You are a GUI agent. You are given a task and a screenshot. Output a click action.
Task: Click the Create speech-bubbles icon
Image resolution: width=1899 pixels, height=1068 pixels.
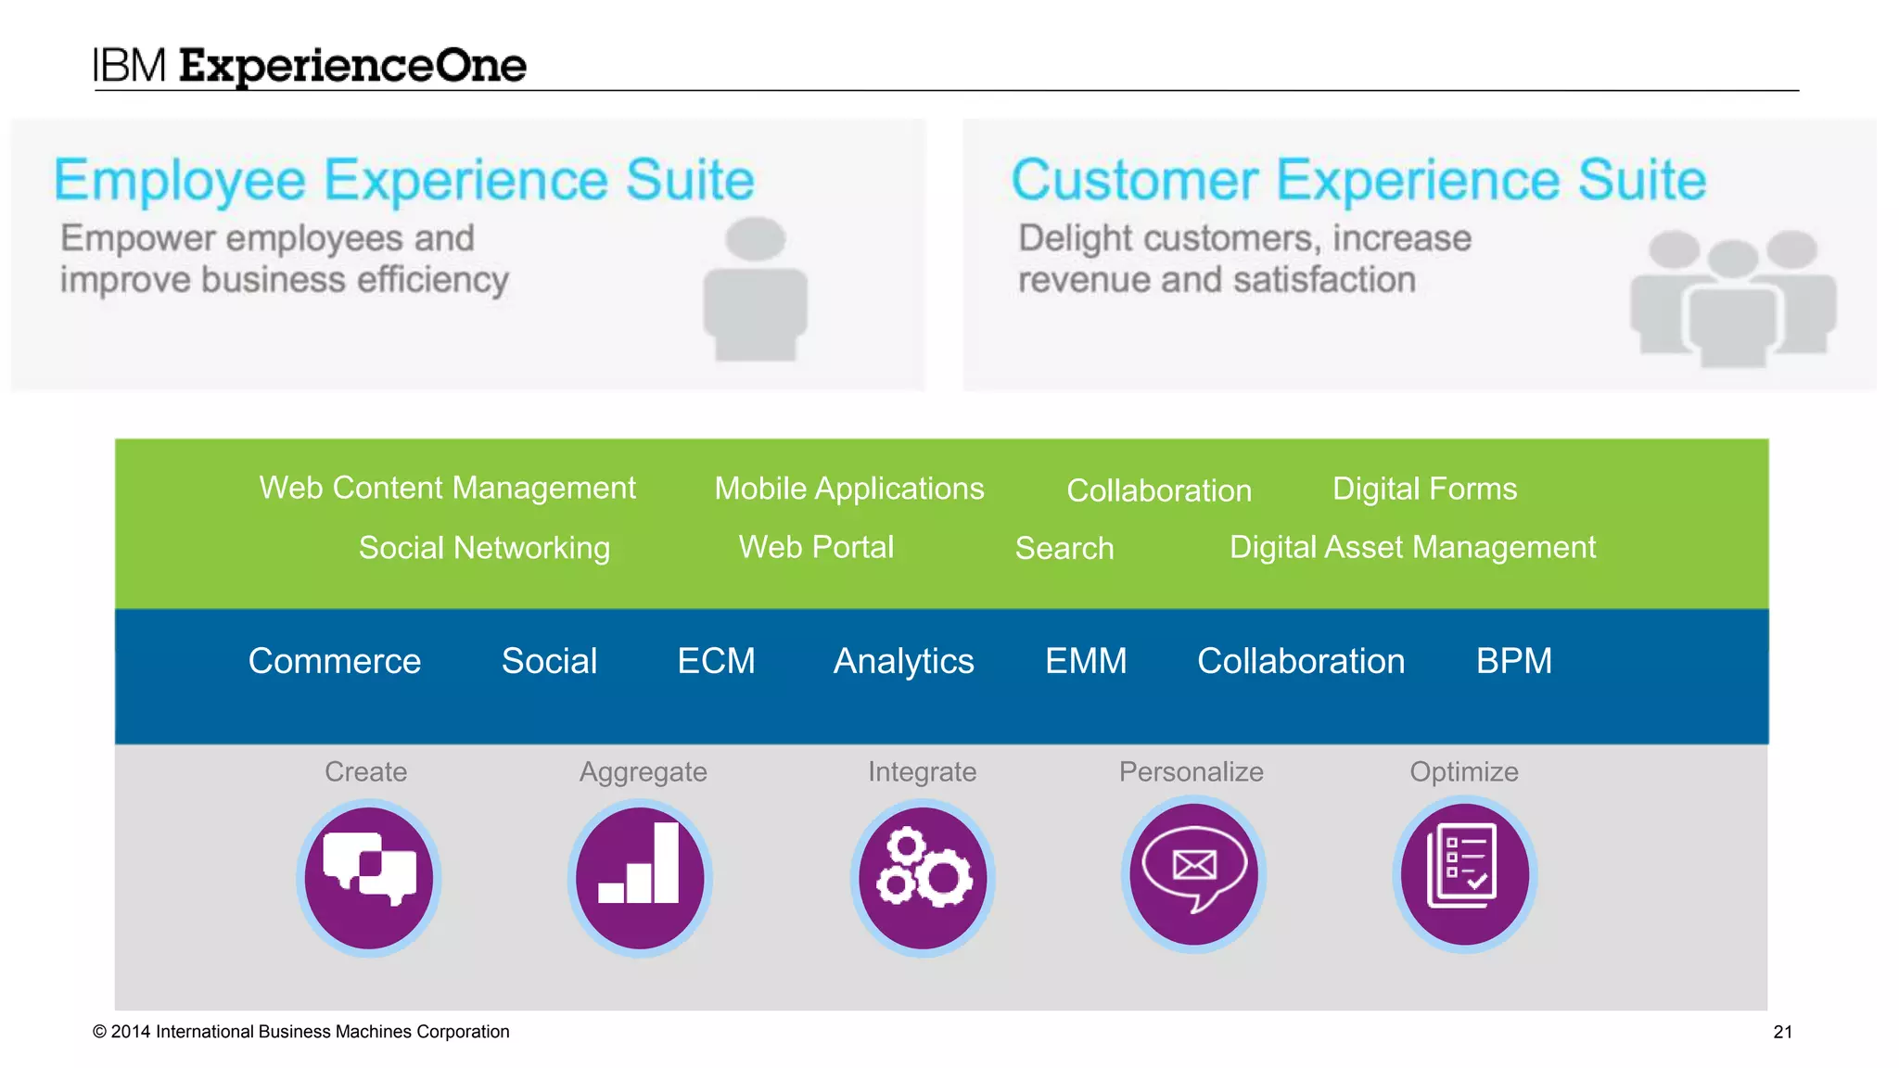tap(369, 877)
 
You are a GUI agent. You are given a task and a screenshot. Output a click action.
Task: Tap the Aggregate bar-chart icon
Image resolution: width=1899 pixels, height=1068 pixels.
tap(640, 877)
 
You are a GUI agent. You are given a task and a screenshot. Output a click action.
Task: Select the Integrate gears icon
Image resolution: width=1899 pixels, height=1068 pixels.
tap(923, 877)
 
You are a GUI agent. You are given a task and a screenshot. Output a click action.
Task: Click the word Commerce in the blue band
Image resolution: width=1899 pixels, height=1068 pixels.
tap(335, 661)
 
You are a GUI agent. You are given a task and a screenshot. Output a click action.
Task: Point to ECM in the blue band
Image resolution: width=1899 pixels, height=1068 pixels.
tap(716, 661)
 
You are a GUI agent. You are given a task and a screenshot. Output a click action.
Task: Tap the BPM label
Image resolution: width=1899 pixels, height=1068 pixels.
tap(1513, 661)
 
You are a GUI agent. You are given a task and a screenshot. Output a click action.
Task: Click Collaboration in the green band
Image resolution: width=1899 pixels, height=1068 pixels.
tap(1159, 490)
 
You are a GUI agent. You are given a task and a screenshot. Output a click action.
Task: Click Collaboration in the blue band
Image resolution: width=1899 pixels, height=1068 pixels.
tap(1301, 661)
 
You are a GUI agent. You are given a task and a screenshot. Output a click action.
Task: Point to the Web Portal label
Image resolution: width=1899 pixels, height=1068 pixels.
tap(816, 547)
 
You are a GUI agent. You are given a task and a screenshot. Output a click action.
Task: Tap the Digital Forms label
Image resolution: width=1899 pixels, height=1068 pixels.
tap(1424, 489)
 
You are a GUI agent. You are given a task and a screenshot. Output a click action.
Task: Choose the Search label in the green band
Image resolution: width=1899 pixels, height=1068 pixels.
tap(1064, 548)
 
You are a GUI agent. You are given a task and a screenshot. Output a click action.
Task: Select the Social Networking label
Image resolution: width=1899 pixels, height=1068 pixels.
tap(484, 548)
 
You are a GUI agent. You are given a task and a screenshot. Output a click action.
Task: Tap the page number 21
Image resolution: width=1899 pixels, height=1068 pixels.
tap(1782, 1032)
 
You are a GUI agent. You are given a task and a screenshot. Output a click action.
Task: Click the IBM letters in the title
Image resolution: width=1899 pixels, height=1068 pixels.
tap(129, 66)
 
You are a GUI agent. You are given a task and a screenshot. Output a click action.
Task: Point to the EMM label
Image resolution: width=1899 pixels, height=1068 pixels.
tap(1086, 661)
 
